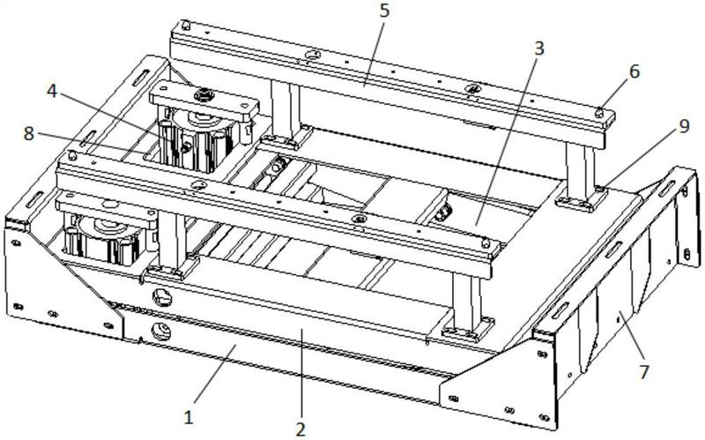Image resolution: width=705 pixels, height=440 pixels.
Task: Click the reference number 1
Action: point(189,417)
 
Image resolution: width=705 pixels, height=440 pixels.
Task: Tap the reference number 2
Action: point(300,429)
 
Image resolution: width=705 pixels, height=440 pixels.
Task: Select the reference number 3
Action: point(538,48)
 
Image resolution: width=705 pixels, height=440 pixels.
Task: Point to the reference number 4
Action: point(52,92)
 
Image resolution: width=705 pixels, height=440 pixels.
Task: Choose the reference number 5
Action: point(384,10)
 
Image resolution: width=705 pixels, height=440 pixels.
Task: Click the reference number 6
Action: point(634,71)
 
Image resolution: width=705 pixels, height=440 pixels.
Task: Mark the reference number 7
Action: point(645,372)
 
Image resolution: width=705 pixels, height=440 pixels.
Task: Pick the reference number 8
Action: point(29,133)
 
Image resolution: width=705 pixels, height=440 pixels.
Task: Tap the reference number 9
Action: point(684,126)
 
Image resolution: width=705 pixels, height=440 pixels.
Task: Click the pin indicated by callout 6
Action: point(599,113)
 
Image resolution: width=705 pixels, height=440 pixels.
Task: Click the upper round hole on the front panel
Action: point(162,297)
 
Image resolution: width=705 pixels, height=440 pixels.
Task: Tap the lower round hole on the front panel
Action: point(161,332)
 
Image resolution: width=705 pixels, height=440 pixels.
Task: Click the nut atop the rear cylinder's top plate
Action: point(203,95)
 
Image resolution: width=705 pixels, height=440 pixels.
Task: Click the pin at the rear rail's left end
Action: point(185,26)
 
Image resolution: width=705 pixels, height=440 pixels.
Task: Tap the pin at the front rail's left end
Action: point(71,156)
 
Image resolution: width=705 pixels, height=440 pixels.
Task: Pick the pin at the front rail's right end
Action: point(486,243)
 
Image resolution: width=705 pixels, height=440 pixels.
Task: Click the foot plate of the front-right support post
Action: point(469,328)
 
